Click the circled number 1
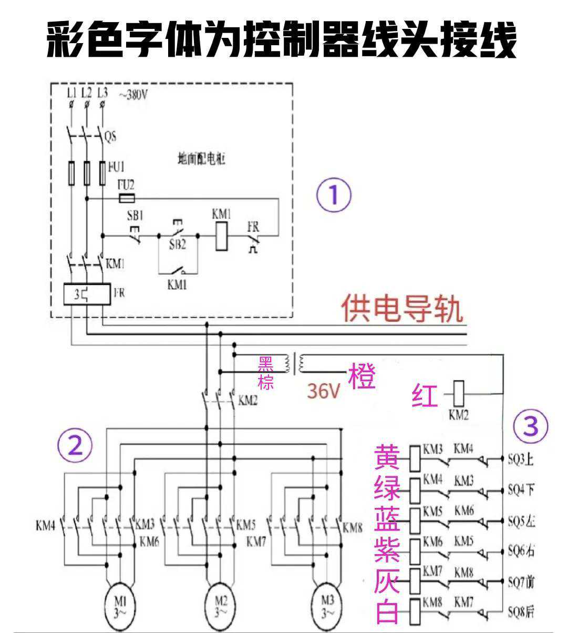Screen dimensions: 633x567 [x=334, y=195]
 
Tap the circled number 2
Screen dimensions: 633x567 [x=75, y=446]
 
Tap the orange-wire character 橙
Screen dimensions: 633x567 [x=362, y=377]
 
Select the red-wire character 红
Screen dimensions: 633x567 [x=425, y=396]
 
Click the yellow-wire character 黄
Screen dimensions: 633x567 [x=387, y=457]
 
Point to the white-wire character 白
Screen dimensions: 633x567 [x=387, y=611]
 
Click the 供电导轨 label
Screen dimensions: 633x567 [x=402, y=309]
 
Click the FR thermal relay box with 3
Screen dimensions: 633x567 [x=86, y=294]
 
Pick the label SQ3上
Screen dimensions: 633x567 [x=521, y=460]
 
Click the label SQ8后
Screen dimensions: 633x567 [x=521, y=611]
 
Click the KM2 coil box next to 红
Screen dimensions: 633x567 [x=458, y=392]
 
